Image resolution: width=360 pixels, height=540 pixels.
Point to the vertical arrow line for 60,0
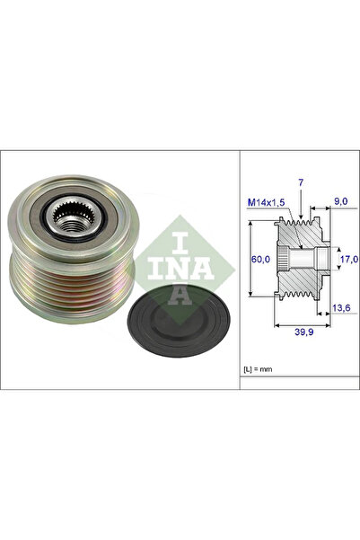[249, 261]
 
